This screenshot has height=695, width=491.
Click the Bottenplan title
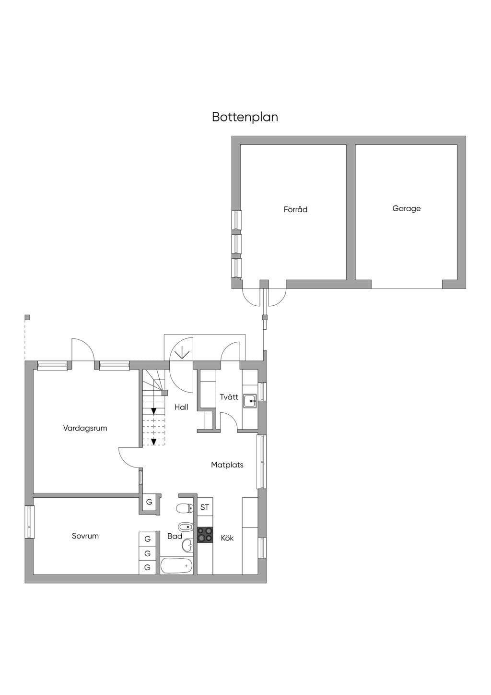tap(245, 117)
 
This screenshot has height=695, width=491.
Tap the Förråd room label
tap(295, 209)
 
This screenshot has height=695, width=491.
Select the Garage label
tap(407, 209)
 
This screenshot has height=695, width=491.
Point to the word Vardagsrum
tap(85, 429)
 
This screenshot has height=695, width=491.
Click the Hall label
tap(181, 407)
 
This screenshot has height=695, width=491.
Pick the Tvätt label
tap(229, 397)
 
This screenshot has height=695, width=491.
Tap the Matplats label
tap(227, 465)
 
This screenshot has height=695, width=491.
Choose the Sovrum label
tap(85, 536)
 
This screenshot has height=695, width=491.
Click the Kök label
tap(227, 538)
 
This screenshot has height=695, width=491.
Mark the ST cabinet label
tap(205, 507)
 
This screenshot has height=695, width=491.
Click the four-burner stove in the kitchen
tap(205, 535)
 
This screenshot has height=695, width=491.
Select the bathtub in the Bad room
tap(176, 565)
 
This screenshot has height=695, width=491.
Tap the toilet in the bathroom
tap(185, 508)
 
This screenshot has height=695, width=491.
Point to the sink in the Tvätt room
tap(250, 401)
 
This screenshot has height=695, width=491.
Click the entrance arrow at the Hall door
tap(182, 352)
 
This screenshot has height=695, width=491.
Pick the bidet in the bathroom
tap(186, 527)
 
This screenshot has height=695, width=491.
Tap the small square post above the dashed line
tap(27, 317)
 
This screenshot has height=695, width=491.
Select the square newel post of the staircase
tap(164, 393)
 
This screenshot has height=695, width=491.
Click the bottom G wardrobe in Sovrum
tap(147, 567)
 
